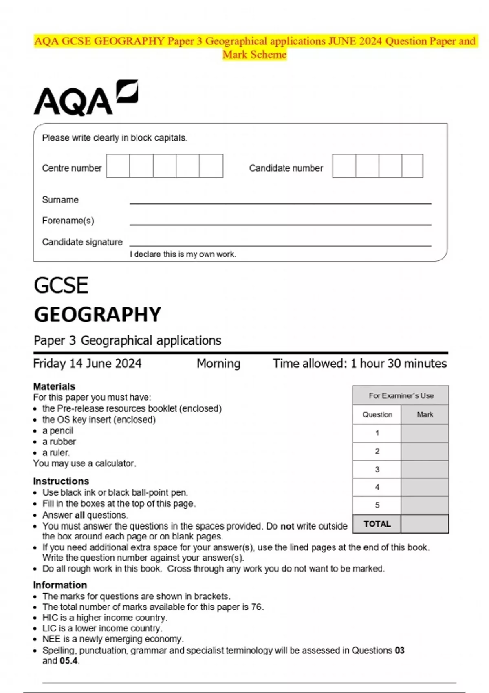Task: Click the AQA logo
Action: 86,98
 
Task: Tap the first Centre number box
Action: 118,166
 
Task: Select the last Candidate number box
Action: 412,166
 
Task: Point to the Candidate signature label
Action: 82,242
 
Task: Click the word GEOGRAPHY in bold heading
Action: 97,315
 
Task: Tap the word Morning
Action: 218,363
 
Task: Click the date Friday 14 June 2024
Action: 87,363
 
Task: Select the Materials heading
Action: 54,386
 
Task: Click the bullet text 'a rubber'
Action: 59,441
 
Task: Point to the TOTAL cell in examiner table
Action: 377,524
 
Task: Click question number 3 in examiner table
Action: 377,469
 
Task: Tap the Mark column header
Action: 425,415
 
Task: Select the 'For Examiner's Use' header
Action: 401,395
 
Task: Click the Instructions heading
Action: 61,481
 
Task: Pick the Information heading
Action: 60,585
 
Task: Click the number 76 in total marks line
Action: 257,607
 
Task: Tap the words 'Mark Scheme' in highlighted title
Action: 255,54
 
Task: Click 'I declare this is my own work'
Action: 183,254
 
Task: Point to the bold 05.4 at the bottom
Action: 68,661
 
